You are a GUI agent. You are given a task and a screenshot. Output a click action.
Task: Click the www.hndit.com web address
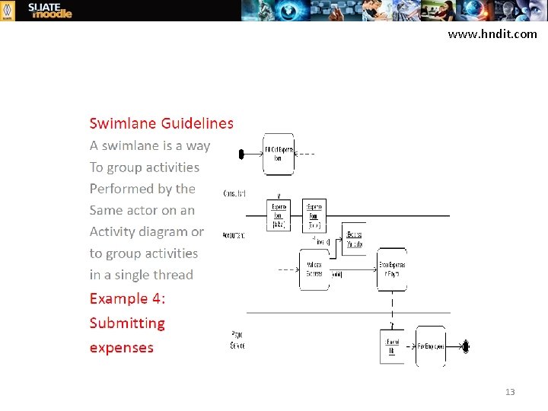point(492,34)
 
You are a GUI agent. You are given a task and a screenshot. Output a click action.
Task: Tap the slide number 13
point(510,392)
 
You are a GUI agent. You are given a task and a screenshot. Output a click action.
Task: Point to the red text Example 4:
point(127,298)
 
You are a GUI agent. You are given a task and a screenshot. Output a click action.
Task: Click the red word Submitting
point(127,323)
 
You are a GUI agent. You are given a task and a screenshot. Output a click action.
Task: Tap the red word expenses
point(122,347)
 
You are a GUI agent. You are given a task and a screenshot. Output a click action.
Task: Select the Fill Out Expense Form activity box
point(278,154)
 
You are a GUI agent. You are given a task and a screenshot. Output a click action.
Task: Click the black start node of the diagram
point(241,154)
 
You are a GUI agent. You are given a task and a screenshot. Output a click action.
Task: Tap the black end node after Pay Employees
point(466,346)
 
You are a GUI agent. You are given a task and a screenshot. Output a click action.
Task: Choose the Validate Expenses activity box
point(314,269)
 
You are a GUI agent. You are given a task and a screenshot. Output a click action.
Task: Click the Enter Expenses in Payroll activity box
point(392,269)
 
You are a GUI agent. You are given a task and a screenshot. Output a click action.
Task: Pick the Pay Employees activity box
point(431,346)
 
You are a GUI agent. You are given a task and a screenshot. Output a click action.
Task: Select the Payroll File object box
point(391,346)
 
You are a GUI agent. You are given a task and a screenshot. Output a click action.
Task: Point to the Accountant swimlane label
point(234,235)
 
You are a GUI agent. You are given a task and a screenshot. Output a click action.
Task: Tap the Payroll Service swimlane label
point(237,339)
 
